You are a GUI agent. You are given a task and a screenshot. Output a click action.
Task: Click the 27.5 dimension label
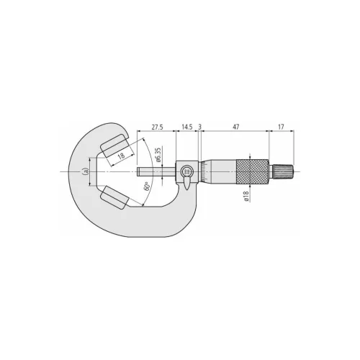(x=157, y=127)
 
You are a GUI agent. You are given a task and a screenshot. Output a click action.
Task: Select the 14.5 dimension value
(x=187, y=127)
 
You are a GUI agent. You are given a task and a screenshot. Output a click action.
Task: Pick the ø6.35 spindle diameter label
(x=158, y=155)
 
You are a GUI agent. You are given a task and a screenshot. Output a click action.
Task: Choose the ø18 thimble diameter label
(x=246, y=196)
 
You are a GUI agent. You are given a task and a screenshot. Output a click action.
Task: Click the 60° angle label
(x=146, y=186)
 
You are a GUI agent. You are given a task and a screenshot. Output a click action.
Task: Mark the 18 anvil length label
(x=122, y=156)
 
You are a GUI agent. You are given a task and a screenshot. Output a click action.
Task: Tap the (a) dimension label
(x=85, y=171)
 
